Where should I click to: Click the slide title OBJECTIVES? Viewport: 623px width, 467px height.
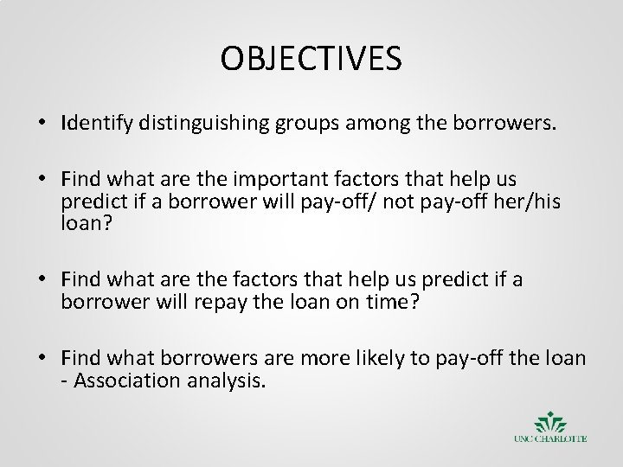311,60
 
